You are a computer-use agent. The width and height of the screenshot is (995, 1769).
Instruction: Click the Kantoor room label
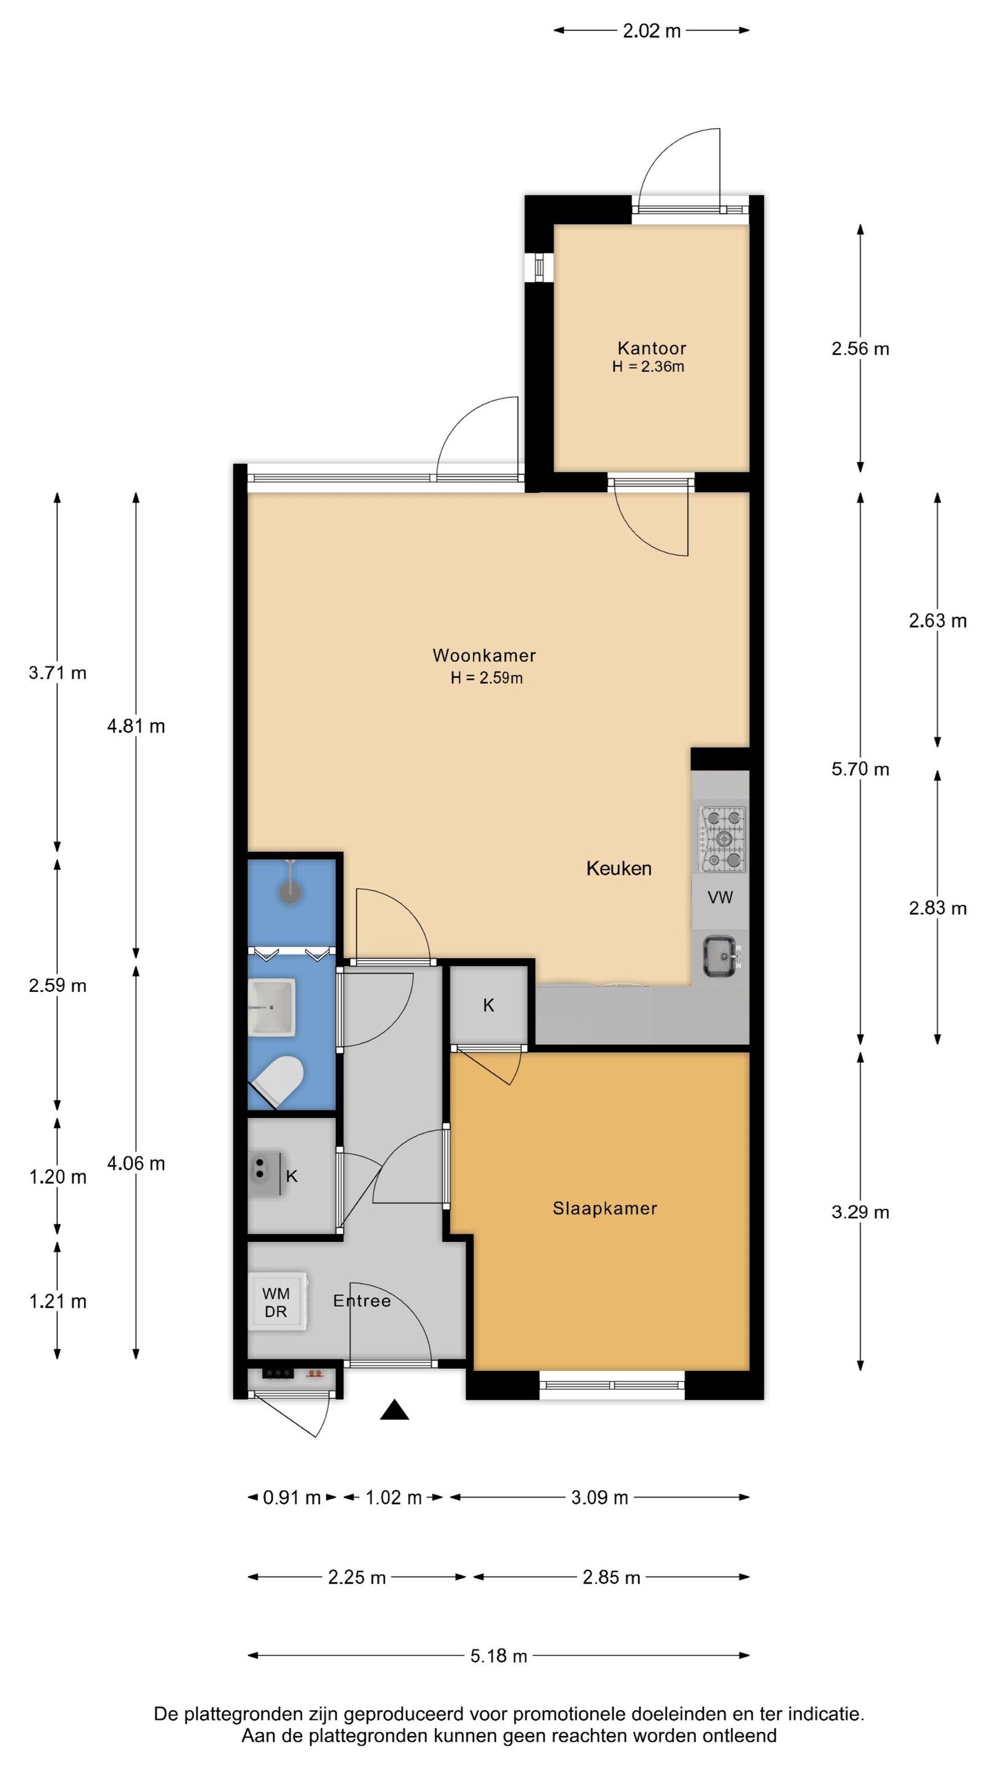[651, 348]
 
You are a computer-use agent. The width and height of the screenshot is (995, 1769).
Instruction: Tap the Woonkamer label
[484, 655]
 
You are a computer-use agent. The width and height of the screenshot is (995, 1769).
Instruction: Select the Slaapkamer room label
[604, 1209]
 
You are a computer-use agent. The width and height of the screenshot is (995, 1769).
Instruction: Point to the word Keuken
[618, 868]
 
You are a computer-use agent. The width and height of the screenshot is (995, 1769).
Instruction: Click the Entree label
[362, 1301]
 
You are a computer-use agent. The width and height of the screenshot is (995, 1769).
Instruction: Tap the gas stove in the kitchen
[722, 838]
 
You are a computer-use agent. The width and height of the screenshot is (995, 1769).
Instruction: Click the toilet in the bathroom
[278, 1080]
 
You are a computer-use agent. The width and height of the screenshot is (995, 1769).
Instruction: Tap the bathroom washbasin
[273, 1007]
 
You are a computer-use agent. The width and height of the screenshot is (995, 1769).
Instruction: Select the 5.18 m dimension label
[499, 1656]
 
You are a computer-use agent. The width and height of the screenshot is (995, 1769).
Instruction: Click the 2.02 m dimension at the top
[651, 30]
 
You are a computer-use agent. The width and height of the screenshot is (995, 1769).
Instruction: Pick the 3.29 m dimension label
[860, 1211]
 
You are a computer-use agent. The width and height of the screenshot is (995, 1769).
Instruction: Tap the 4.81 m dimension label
[136, 726]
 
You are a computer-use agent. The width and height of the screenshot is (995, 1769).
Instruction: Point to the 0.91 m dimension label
[292, 1497]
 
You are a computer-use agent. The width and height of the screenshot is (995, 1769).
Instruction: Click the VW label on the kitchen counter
[720, 897]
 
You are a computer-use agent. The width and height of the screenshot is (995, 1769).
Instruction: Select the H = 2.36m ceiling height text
[648, 367]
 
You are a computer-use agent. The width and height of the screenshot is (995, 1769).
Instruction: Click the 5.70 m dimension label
[860, 769]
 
